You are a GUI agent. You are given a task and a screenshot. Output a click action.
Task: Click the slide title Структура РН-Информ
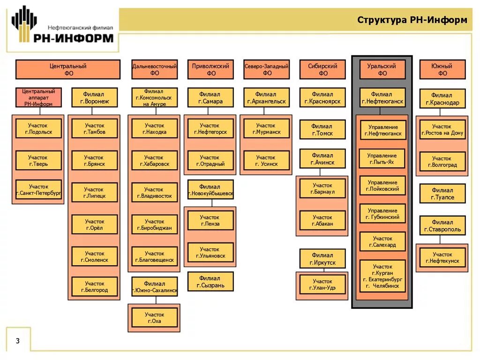click(412, 20)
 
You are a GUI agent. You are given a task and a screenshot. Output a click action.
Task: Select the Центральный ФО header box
click(68, 69)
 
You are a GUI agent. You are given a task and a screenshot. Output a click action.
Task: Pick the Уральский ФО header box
click(382, 69)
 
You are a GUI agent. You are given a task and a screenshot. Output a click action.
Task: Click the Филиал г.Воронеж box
click(94, 97)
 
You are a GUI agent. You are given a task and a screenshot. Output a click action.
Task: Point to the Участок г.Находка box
click(154, 128)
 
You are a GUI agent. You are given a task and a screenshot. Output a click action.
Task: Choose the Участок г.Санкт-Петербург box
click(38, 189)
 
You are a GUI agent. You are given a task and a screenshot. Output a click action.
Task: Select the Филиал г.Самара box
click(210, 97)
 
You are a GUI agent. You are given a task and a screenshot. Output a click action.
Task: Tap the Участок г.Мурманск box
click(266, 128)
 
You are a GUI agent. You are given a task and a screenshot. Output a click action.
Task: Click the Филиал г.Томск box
click(322, 130)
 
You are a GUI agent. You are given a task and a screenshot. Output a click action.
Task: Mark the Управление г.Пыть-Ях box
click(382, 158)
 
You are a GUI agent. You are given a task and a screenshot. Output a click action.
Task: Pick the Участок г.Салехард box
click(382, 241)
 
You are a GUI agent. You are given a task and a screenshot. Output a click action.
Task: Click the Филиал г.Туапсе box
click(442, 194)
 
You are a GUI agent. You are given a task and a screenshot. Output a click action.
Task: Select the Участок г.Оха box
click(154, 317)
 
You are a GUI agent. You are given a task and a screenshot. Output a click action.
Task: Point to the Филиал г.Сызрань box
click(210, 281)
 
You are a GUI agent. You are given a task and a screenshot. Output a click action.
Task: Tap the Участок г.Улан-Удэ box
click(322, 284)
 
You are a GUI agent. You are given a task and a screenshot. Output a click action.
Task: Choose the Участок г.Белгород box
click(94, 286)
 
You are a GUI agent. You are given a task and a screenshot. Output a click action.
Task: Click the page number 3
click(18, 340)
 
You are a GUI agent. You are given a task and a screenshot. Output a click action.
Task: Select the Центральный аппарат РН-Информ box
click(38, 97)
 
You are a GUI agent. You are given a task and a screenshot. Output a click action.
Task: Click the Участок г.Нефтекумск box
click(442, 257)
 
